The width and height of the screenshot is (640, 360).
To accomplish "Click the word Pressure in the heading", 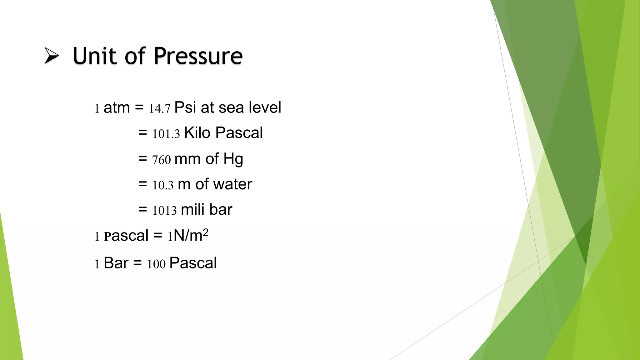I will pyautogui.click(x=198, y=56).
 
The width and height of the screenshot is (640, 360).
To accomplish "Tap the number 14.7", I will pyautogui.click(x=159, y=109).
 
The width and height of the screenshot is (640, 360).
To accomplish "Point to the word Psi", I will pyautogui.click(x=185, y=107).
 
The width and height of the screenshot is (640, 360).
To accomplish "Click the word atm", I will pyautogui.click(x=117, y=108).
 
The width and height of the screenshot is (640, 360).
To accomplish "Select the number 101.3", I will pyautogui.click(x=166, y=134).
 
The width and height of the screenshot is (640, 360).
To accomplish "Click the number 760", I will pyautogui.click(x=162, y=160).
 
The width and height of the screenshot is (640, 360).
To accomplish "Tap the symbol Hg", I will pyautogui.click(x=233, y=159).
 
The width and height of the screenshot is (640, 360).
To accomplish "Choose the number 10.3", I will pyautogui.click(x=163, y=185).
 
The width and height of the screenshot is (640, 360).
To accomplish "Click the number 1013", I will pyautogui.click(x=164, y=211).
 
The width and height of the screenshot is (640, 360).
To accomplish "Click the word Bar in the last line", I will pyautogui.click(x=116, y=263).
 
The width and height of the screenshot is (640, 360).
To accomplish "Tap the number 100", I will pyautogui.click(x=156, y=264).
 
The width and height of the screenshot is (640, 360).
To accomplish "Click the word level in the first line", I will pyautogui.click(x=265, y=107).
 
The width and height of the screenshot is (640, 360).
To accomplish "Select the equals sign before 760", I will pyautogui.click(x=143, y=159).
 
